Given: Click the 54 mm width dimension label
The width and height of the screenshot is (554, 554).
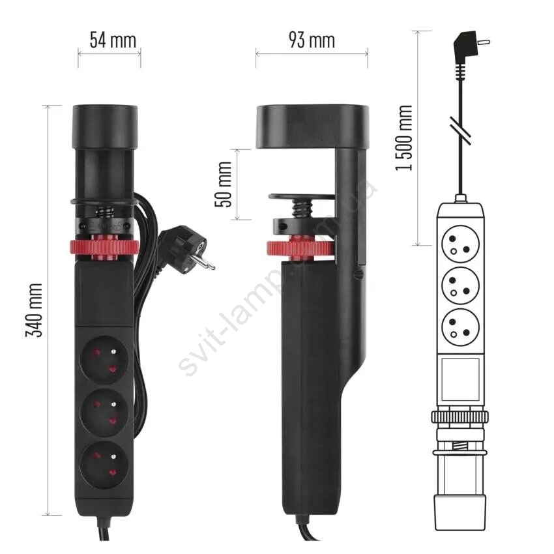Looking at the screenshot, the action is [x=113, y=40].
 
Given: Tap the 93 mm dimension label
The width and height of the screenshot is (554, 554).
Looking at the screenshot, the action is [x=312, y=40].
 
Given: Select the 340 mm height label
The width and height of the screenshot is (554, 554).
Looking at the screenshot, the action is [x=35, y=310].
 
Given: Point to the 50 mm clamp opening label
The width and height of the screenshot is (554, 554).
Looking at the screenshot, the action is [x=224, y=184].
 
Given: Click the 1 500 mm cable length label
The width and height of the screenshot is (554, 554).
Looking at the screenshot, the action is [x=403, y=138].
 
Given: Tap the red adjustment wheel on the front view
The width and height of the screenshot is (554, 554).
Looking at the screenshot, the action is [x=104, y=249].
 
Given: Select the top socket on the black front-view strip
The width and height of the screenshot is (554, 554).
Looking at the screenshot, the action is [x=104, y=360].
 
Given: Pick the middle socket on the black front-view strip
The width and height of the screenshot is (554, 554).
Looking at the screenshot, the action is [x=104, y=413].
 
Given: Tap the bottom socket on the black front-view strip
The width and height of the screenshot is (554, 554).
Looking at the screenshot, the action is [x=104, y=465].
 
